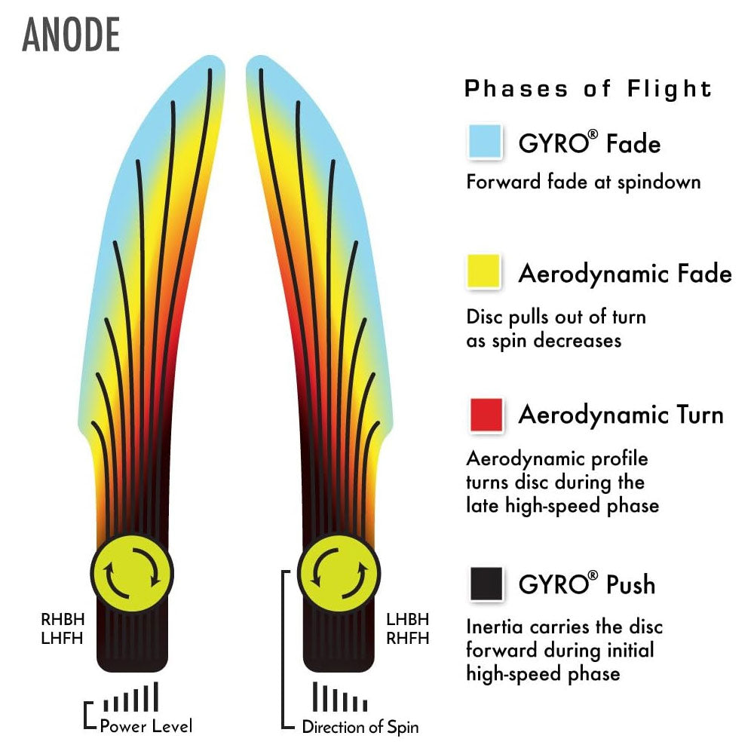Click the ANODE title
[x=72, y=35]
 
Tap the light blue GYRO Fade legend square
[x=485, y=142]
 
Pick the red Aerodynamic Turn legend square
[x=485, y=415]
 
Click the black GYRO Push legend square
[x=485, y=584]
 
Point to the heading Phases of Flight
[x=588, y=89]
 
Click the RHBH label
[x=63, y=620]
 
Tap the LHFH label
[x=63, y=638]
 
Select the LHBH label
[x=407, y=620]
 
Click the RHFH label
[x=407, y=638]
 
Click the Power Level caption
[x=146, y=726]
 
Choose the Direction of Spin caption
[x=360, y=727]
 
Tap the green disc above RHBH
[x=132, y=571]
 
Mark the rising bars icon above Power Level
[x=131, y=697]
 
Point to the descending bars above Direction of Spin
[x=339, y=697]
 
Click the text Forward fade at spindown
[x=584, y=182]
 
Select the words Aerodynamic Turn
[x=621, y=415]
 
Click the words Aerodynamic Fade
[x=625, y=273]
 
